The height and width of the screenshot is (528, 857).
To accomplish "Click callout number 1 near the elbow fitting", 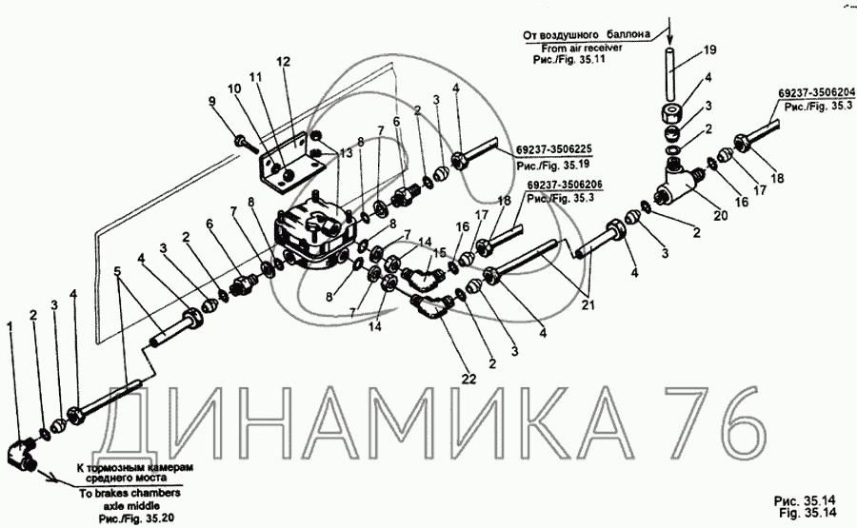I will click(10, 326).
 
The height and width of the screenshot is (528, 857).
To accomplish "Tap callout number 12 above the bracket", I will click(284, 62).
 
